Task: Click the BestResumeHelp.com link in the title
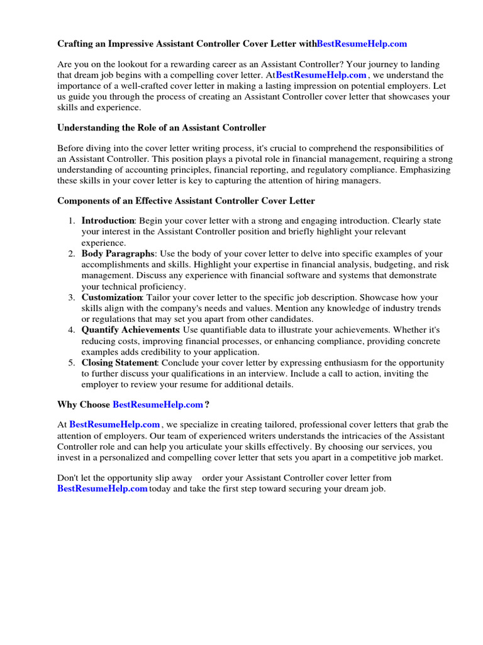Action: [x=362, y=43]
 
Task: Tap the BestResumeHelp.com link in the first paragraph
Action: [x=321, y=74]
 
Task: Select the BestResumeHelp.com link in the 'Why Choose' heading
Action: [x=158, y=404]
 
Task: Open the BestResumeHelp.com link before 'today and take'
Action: [x=103, y=488]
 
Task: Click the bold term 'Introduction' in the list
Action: [x=108, y=220]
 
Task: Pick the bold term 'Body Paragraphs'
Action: [x=118, y=253]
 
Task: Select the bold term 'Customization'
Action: [x=112, y=297]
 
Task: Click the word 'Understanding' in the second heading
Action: [x=89, y=127]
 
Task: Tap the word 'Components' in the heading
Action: [x=84, y=200]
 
